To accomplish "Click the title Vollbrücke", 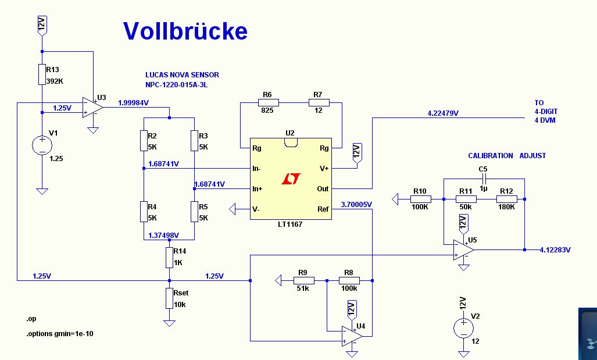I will [x=185, y=31].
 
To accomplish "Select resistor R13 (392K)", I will [x=42, y=74].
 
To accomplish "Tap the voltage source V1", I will [x=42, y=145].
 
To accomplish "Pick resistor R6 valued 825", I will [x=268, y=103].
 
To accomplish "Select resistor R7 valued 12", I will [x=319, y=103].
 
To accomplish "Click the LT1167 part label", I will [x=291, y=224].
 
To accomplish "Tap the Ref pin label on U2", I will [x=323, y=209].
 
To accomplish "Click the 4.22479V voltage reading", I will [x=443, y=113].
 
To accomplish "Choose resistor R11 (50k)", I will [x=466, y=199].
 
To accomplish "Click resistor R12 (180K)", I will [x=506, y=199].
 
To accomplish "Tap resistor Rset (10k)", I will [x=169, y=298].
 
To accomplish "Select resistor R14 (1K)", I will [x=169, y=257].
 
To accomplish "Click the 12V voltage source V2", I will [x=463, y=329].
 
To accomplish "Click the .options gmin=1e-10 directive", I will [x=59, y=334].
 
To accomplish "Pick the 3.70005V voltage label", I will [x=356, y=204].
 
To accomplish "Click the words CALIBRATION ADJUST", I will [x=507, y=156].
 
